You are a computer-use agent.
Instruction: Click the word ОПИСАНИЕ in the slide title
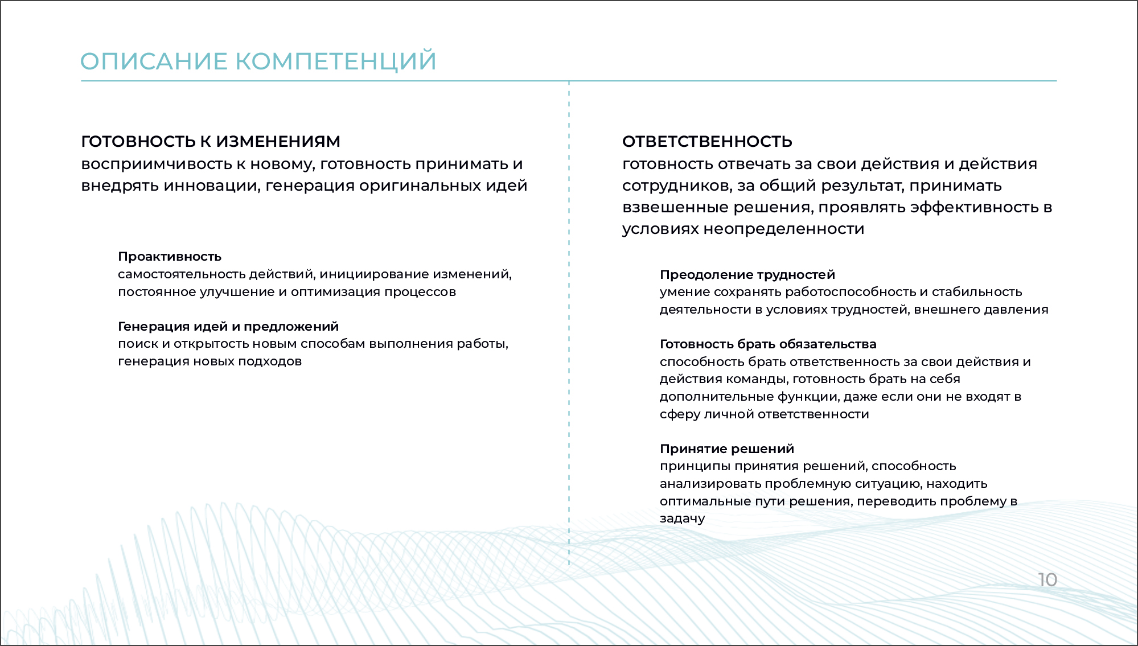pos(154,61)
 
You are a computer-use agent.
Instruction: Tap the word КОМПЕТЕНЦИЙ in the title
pos(336,61)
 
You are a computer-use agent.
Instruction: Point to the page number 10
pos(1047,580)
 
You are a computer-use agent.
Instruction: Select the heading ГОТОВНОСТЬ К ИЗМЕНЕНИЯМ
pos(211,141)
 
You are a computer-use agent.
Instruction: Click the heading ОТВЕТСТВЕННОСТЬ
pos(707,141)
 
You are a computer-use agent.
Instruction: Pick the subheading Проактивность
pos(170,257)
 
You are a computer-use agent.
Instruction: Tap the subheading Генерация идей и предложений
pos(228,327)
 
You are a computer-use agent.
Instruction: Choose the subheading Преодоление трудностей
pos(747,275)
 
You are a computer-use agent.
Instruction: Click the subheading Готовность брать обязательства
pos(768,344)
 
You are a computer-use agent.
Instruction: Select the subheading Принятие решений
pos(727,449)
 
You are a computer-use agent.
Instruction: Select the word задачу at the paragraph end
pos(682,519)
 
